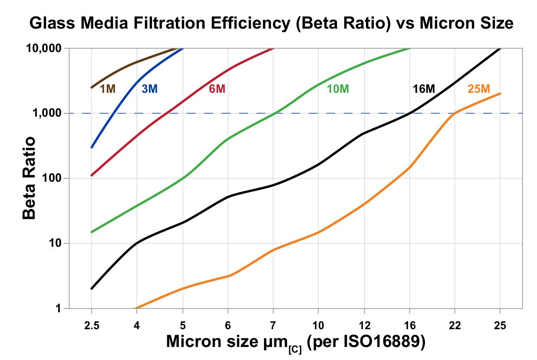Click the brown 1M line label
(108, 89)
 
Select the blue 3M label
(149, 89)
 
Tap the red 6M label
(217, 89)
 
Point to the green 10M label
(338, 89)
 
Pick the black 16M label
(424, 89)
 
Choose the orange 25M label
(479, 89)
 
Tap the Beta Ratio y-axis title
(30, 178)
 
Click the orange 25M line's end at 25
(500, 94)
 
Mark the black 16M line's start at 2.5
(92, 288)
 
